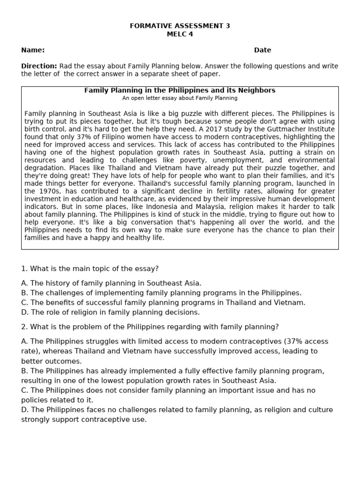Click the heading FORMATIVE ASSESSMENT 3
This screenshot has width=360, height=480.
180,26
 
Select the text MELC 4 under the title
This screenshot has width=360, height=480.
180,34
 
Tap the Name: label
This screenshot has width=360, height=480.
33,50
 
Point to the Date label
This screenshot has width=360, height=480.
262,50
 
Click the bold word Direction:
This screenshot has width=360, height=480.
39,66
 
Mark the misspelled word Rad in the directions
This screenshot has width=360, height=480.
67,66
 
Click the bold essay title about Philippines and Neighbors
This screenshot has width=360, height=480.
180,90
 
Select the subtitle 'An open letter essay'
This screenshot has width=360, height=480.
180,98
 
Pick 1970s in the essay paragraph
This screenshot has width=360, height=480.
51,191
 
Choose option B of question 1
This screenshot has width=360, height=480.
161,293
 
